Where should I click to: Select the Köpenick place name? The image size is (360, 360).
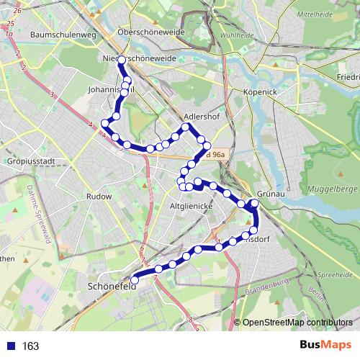point(260,92)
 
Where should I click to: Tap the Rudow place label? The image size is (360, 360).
point(99,196)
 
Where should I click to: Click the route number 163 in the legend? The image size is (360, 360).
point(30,346)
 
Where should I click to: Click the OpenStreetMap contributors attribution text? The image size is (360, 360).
point(297,323)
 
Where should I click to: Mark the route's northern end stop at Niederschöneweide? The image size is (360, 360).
point(121,60)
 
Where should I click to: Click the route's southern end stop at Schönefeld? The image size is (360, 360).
point(134,280)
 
